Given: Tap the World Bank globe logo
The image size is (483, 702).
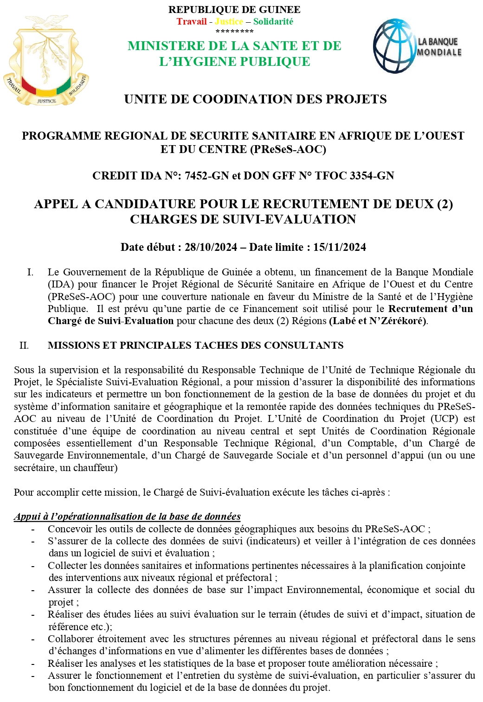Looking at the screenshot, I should (394, 45).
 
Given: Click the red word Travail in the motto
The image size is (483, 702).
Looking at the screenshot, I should (191, 21).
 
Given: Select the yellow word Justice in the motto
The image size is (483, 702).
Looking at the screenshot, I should (229, 21).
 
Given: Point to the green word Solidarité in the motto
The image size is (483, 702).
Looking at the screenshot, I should (273, 21).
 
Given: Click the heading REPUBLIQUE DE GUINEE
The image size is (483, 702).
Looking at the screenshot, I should (234, 9).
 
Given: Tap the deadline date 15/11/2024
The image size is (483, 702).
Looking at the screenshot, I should (340, 247).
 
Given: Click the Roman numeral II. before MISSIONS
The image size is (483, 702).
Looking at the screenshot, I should (24, 345).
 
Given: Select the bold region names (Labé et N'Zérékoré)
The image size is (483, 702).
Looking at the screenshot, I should (378, 321).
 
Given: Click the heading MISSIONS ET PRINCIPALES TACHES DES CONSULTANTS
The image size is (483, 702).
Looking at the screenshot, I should (195, 345).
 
